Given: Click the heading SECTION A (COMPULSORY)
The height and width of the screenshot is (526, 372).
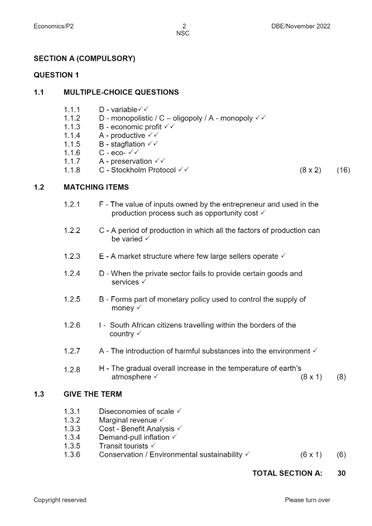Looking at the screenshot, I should click(84, 59).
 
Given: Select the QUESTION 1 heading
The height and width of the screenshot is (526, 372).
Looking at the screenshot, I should click(56, 75).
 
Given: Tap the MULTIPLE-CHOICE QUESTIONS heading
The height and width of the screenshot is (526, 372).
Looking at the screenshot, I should click(121, 92).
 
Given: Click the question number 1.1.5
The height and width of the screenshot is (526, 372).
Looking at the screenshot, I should click(72, 144).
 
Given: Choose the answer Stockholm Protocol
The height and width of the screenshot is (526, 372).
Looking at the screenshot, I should click(143, 170).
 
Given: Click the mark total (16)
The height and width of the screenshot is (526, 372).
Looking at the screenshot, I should click(343, 170).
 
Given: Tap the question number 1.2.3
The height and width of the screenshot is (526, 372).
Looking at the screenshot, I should click(72, 256).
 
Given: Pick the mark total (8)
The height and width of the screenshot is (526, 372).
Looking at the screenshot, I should click(341, 377).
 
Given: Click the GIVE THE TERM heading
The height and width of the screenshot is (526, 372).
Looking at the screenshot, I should click(92, 394).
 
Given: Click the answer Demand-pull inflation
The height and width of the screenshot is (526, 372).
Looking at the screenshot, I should click(134, 437).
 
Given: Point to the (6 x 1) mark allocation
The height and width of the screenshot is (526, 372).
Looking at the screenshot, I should click(311, 455).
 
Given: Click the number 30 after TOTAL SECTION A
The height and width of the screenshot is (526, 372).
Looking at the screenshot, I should click(341, 473).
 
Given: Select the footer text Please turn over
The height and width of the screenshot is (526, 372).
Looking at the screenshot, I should click(307, 500).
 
